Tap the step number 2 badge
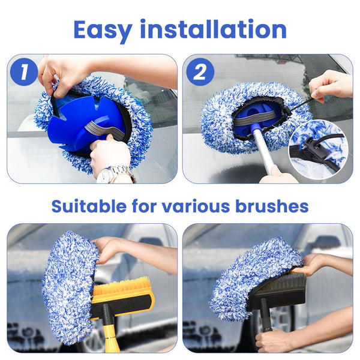click(200, 72)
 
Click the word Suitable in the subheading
click(88, 206)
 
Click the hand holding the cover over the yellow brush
click(111, 246)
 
